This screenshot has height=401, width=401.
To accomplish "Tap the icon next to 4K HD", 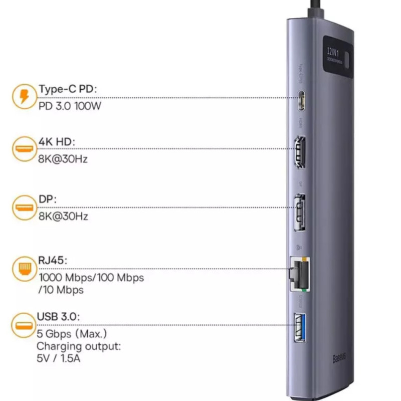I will tap(24, 149).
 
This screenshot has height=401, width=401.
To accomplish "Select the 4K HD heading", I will tap(57, 142).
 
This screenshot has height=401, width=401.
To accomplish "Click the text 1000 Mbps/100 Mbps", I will tap(91, 277).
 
